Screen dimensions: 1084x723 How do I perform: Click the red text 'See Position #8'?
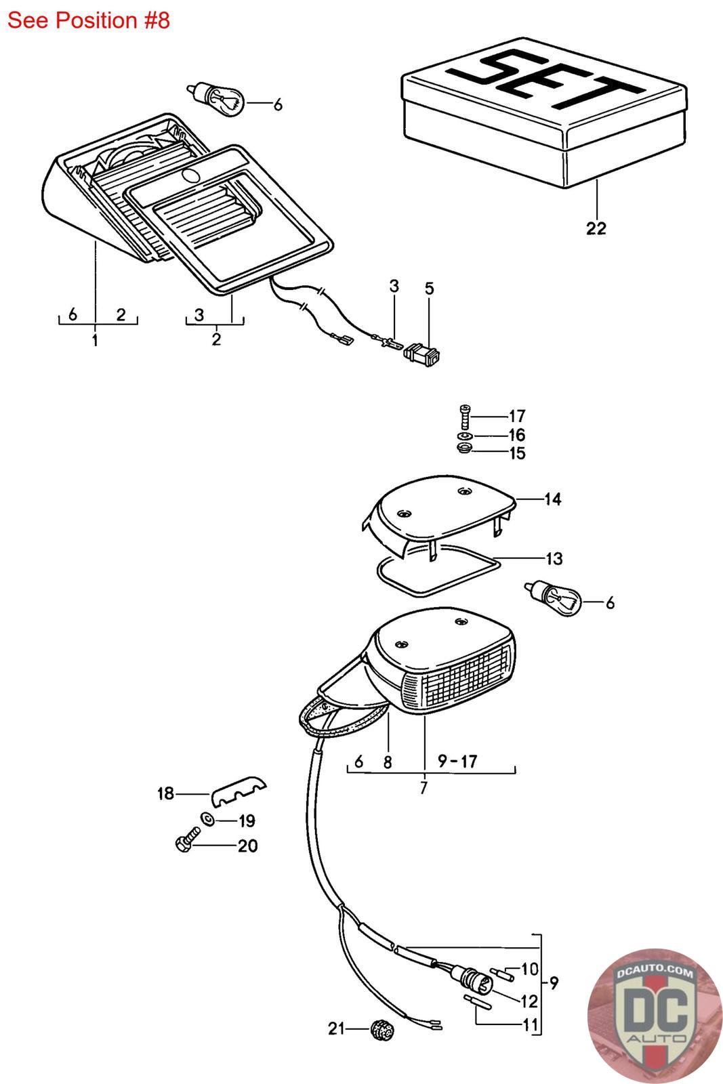click(x=88, y=20)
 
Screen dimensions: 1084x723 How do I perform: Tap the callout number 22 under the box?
click(x=596, y=228)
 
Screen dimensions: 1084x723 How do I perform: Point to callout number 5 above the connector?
click(x=429, y=289)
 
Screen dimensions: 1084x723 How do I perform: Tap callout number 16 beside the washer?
click(x=517, y=435)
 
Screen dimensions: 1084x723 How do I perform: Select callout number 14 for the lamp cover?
click(x=552, y=500)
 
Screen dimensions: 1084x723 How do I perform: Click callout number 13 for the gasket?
click(x=554, y=559)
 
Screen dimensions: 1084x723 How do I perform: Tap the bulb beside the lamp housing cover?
click(x=554, y=596)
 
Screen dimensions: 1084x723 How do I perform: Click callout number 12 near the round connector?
click(x=529, y=1001)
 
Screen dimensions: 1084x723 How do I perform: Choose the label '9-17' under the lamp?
click(x=457, y=762)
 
